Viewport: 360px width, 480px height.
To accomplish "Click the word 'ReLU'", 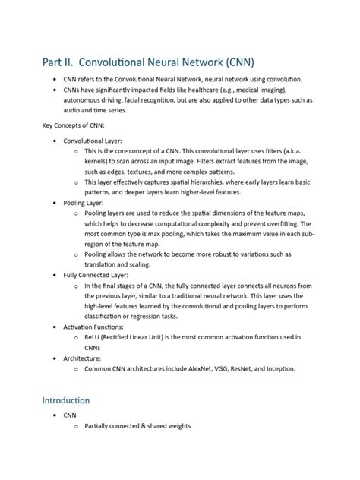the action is (96, 337).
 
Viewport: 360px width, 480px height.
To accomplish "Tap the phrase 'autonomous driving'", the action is (100, 99).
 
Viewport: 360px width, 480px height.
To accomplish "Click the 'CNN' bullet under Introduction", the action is (70, 415).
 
